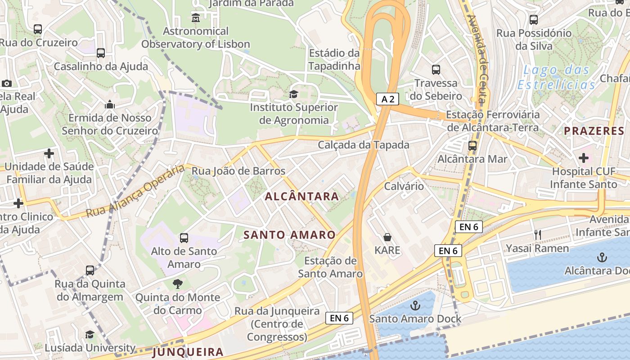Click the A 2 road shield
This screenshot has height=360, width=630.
point(388,99)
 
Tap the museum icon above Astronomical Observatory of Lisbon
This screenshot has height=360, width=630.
point(196,18)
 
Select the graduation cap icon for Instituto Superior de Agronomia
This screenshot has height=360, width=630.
point(294,94)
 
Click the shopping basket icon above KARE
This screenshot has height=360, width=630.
point(387,237)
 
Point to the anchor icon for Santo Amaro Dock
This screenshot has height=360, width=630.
point(415,306)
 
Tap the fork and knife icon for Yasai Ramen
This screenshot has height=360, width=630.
point(537,234)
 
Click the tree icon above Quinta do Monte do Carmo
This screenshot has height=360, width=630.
point(178,284)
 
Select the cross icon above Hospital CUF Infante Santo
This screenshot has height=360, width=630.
point(584,158)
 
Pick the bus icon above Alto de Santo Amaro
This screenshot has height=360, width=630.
point(184,238)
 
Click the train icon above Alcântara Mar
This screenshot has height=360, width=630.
point(472,145)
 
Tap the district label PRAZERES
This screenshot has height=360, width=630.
point(594,131)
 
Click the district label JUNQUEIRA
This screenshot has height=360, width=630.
point(188,352)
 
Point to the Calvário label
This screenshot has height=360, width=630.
point(404,186)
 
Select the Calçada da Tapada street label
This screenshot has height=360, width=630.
point(364,145)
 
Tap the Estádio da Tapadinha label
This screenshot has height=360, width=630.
point(334,59)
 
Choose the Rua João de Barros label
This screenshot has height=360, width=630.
point(238,171)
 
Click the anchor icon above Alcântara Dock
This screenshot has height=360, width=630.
point(602,257)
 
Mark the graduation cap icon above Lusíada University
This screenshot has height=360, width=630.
point(90,334)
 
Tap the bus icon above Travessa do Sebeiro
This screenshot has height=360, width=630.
point(436,70)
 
